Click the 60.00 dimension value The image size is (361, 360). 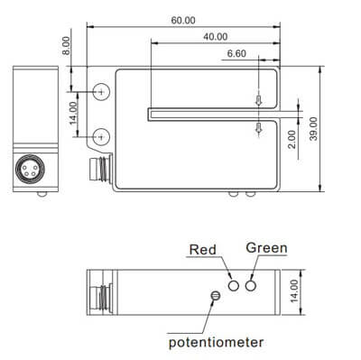(x=183, y=21)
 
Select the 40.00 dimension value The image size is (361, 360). (x=216, y=37)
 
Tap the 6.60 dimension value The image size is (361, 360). (x=236, y=54)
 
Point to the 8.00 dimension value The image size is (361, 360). (x=66, y=46)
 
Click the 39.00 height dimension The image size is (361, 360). (x=313, y=129)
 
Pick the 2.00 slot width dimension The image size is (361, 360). (x=292, y=139)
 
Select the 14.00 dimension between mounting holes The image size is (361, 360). (x=73, y=113)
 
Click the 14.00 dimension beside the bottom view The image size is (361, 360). (x=294, y=291)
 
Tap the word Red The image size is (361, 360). (x=203, y=250)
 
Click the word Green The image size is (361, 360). (x=266, y=248)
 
